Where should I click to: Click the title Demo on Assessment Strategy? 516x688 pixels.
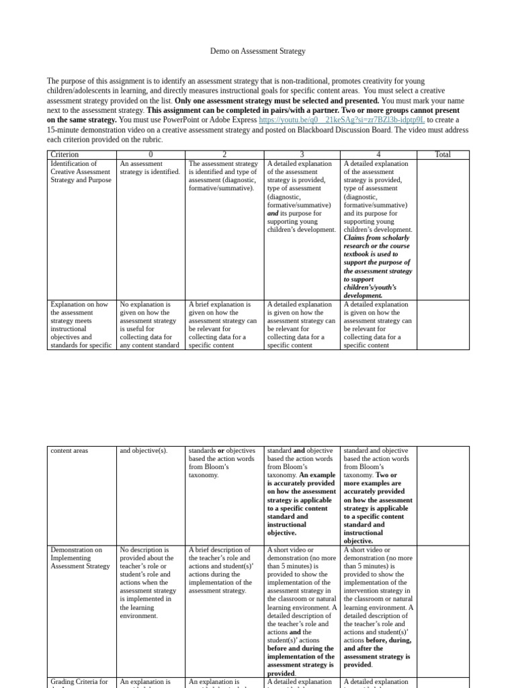point(258,51)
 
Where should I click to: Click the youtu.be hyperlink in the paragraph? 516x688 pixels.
point(341,120)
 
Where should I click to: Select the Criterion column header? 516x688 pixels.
point(64,155)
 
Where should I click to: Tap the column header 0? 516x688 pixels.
point(150,155)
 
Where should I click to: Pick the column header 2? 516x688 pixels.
point(224,155)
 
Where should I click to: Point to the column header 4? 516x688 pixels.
point(378,155)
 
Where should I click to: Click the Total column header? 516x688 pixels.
point(442,155)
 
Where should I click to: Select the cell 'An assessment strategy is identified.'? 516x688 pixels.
point(149,168)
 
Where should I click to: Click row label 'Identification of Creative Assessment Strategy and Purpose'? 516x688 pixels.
point(81,172)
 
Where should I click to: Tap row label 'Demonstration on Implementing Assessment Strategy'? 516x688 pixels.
point(80,558)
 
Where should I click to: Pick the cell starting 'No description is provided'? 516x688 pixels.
point(148,582)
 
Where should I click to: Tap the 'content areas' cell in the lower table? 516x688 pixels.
point(69,451)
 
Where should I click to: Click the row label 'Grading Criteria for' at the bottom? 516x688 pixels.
point(79,682)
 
